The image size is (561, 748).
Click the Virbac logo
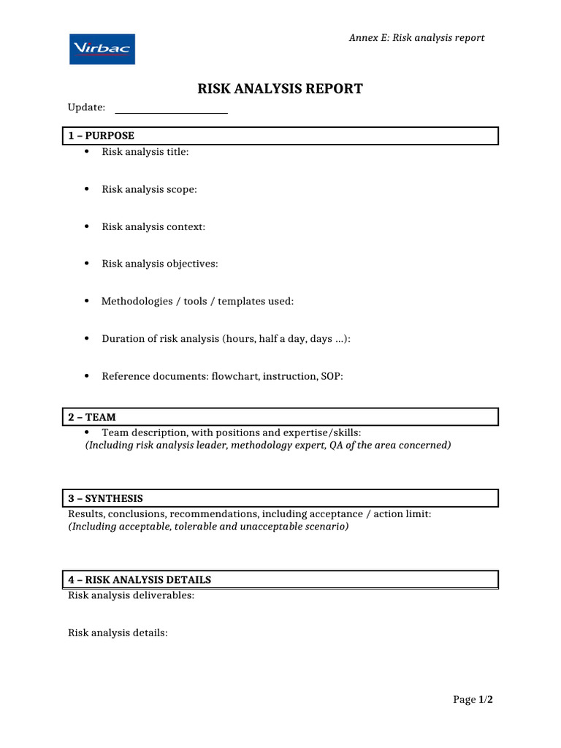click(x=102, y=49)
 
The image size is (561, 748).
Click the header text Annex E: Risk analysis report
click(x=416, y=38)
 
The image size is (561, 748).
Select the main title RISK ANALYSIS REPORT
click(x=280, y=89)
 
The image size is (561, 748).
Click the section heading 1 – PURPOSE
click(x=102, y=136)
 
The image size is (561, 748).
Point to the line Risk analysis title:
click(x=145, y=152)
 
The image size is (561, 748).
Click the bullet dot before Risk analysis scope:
click(x=86, y=188)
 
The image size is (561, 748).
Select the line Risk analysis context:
click(x=153, y=226)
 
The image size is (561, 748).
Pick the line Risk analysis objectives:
click(x=159, y=264)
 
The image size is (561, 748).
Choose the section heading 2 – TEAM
click(x=92, y=417)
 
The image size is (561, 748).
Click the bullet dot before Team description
click(x=86, y=432)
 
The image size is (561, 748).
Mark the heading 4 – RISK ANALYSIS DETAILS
click(x=140, y=580)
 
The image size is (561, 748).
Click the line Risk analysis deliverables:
click(x=131, y=595)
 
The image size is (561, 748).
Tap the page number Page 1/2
click(x=473, y=700)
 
